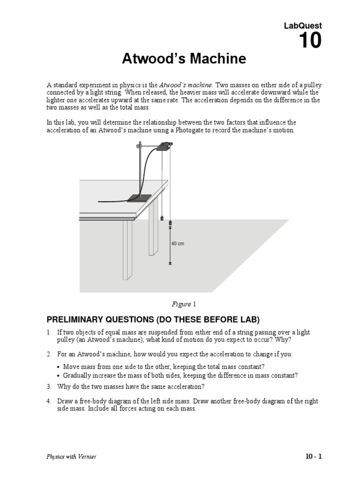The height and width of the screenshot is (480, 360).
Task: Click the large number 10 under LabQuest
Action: click(310, 41)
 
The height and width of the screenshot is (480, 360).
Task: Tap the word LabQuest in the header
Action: click(303, 26)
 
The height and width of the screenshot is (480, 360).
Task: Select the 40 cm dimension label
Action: click(178, 244)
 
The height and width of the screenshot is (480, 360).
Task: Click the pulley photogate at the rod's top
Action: click(164, 146)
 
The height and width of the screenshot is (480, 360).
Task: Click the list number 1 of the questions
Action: click(48, 332)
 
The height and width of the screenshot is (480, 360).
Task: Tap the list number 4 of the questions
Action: click(48, 402)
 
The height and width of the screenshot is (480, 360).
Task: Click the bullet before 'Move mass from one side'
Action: click(58, 367)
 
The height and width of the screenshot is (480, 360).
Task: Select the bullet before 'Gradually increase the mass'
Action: click(58, 376)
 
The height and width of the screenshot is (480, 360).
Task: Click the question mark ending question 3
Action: click(203, 387)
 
